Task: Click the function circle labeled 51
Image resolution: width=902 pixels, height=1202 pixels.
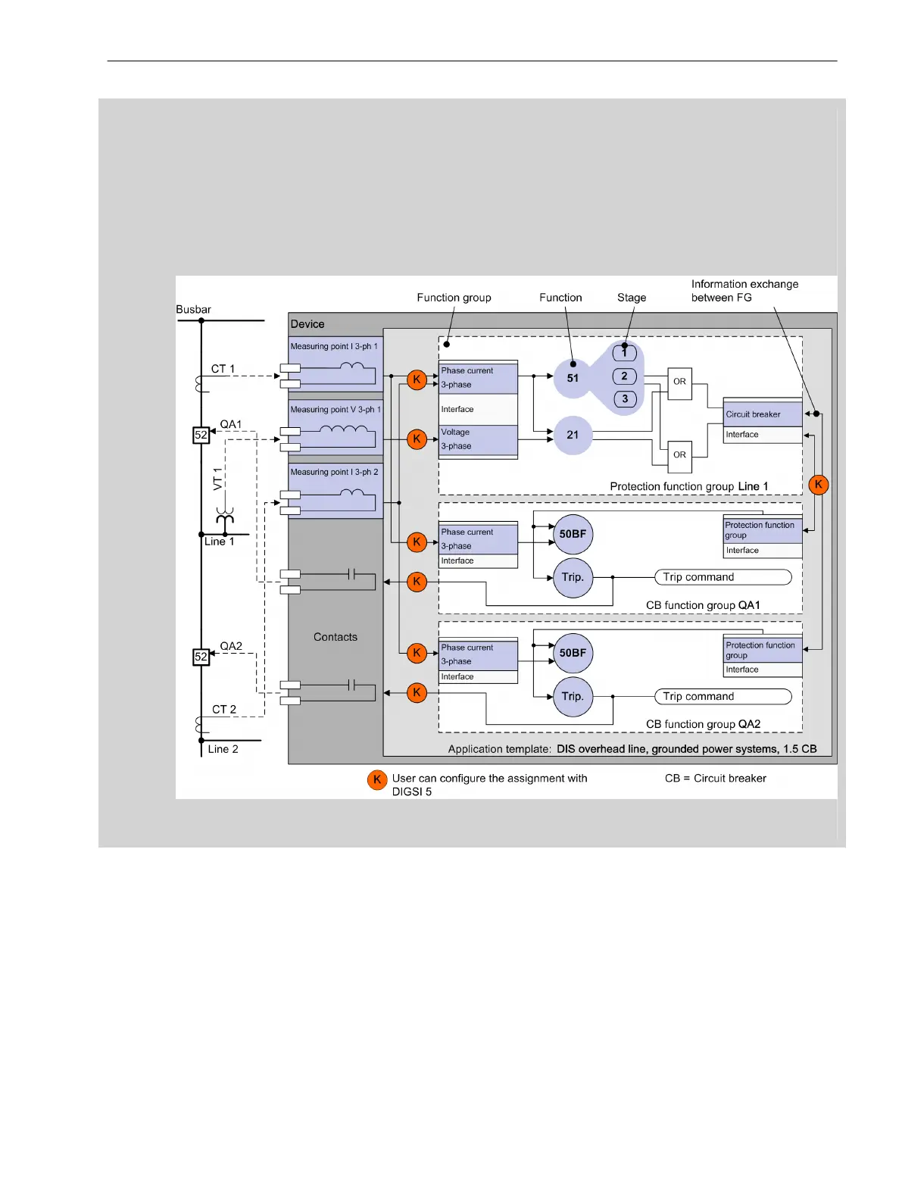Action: (573, 378)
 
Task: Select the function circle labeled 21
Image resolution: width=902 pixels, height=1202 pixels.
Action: (573, 435)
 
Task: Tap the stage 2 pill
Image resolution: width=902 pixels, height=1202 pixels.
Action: (624, 376)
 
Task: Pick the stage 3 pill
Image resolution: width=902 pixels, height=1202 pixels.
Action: (624, 399)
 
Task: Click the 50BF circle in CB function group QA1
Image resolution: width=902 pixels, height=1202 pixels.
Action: (573, 534)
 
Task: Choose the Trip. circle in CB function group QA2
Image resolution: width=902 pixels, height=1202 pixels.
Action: (573, 696)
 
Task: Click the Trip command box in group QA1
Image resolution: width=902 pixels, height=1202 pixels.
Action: (723, 577)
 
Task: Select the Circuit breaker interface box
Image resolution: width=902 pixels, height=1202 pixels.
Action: (763, 414)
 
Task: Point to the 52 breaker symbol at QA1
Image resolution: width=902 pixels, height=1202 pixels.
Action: (201, 435)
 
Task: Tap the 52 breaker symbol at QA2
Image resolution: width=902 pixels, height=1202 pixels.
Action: (201, 657)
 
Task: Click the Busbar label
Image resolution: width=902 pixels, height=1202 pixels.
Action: (193, 310)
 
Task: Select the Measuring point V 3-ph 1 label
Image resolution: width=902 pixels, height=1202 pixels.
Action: (336, 410)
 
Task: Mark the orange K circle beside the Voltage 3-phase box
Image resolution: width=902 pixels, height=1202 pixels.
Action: (417, 439)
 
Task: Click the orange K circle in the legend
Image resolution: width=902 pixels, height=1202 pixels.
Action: (377, 779)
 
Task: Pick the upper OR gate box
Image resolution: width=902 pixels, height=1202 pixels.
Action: (679, 382)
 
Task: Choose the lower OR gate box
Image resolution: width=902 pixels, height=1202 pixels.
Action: (679, 455)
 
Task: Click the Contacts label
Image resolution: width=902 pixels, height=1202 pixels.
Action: (336, 637)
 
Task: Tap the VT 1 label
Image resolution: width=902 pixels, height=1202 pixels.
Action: (218, 479)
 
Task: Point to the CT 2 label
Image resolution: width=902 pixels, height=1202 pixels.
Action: (224, 710)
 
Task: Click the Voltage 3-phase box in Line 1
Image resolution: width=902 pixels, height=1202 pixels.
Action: (479, 439)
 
